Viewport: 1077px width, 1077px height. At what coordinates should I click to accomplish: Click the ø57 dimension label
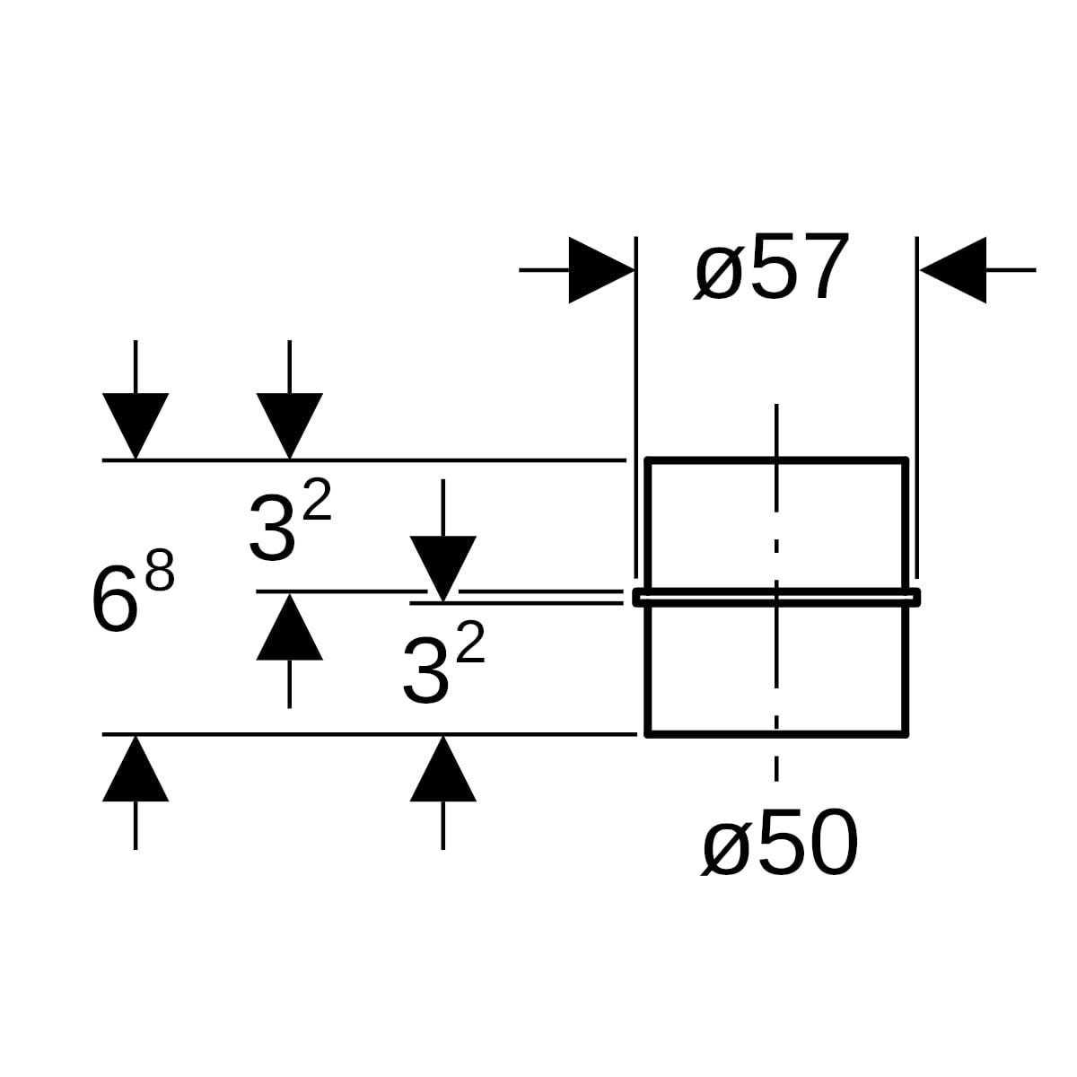pyautogui.click(x=771, y=268)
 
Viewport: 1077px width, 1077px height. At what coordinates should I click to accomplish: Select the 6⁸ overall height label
pyautogui.click(x=132, y=591)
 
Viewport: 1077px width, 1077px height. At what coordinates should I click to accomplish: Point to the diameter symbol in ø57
pyautogui.click(x=719, y=274)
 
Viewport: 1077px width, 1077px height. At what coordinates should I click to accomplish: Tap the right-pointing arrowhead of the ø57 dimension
pyautogui.click(x=602, y=270)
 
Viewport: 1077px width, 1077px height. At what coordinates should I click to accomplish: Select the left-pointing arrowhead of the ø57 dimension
pyautogui.click(x=953, y=270)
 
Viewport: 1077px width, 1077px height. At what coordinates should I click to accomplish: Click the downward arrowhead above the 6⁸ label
pyautogui.click(x=136, y=426)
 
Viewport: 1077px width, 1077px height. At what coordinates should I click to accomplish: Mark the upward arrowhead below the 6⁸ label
pyautogui.click(x=136, y=768)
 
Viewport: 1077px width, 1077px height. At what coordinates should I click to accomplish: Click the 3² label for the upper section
pyautogui.click(x=290, y=520)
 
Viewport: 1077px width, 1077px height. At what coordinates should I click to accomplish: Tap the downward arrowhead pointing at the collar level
pyautogui.click(x=443, y=569)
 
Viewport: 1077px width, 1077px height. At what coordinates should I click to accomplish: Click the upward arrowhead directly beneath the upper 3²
pyautogui.click(x=290, y=627)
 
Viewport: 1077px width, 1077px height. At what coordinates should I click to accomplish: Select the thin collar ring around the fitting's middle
pyautogui.click(x=776, y=597)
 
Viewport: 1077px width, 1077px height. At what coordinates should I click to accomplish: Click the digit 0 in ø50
pyautogui.click(x=832, y=858)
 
